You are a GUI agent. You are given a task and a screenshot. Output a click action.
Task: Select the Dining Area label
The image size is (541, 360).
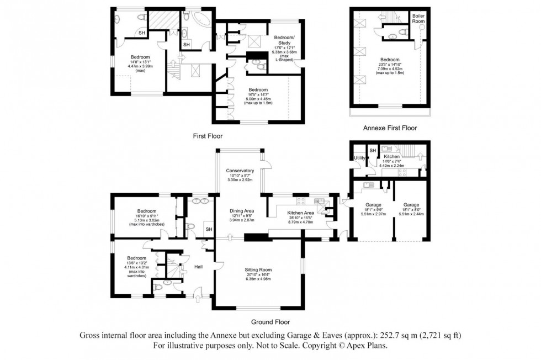[242, 210]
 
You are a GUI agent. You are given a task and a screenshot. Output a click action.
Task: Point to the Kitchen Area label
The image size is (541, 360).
[300, 213]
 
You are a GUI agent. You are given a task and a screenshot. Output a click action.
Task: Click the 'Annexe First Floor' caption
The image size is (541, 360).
[390, 128]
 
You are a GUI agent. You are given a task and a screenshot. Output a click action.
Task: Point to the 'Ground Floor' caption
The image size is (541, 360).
[271, 322]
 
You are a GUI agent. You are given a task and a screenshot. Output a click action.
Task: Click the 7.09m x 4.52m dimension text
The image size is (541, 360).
[390, 70]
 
